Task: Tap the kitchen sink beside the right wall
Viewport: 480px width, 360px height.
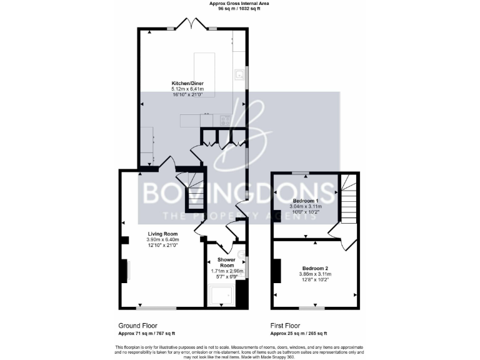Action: pos(239,75)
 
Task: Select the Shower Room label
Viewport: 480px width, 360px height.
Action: pos(226,262)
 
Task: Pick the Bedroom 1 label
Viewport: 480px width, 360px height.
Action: pos(306,201)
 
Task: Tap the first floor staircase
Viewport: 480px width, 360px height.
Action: pos(347,197)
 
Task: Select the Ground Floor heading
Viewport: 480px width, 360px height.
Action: pos(138,326)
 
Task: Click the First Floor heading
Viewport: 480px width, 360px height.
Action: pos(285,326)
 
